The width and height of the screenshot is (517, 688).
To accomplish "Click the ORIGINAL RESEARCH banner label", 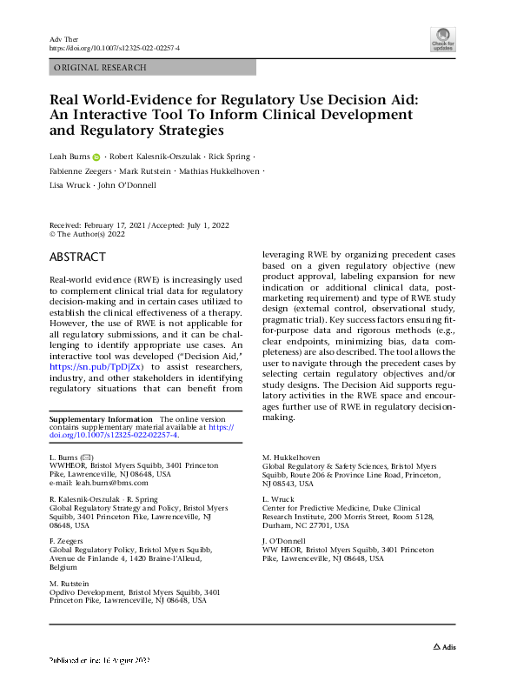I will click(x=100, y=67).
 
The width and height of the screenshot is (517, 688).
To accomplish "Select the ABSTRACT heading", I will click(x=78, y=257).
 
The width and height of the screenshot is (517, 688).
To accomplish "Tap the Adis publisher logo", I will click(x=445, y=646).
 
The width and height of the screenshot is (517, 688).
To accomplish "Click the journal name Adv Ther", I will click(x=61, y=39).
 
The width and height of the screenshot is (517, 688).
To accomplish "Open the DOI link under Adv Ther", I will click(x=114, y=49).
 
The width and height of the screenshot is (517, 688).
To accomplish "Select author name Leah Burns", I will click(x=69, y=157).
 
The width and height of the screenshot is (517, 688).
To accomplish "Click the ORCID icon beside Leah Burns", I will click(x=96, y=157).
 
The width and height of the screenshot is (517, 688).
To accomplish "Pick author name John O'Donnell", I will click(x=129, y=185).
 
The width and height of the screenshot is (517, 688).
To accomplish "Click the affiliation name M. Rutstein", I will click(x=69, y=583).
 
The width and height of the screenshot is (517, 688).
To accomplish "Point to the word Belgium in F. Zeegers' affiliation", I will click(x=64, y=566).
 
